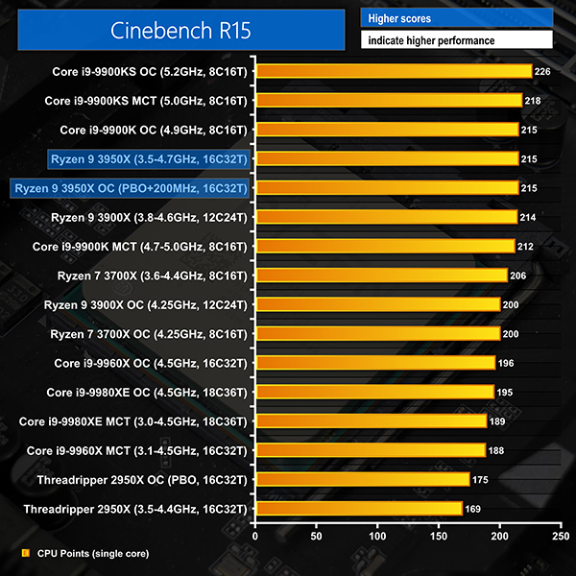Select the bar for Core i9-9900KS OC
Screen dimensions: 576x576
[x=394, y=71]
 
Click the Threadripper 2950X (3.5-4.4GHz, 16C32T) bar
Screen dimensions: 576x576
[x=359, y=509]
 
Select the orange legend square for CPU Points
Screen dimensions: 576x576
[x=24, y=553]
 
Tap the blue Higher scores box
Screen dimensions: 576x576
[x=457, y=18]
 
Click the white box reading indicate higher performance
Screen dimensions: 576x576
[x=457, y=41]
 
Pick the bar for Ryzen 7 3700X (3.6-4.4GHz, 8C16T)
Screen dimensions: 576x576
[x=381, y=276]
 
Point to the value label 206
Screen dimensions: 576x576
[x=520, y=276]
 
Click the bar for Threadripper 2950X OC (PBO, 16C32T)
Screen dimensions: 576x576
[x=362, y=479]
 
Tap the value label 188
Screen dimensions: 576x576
[x=498, y=450]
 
